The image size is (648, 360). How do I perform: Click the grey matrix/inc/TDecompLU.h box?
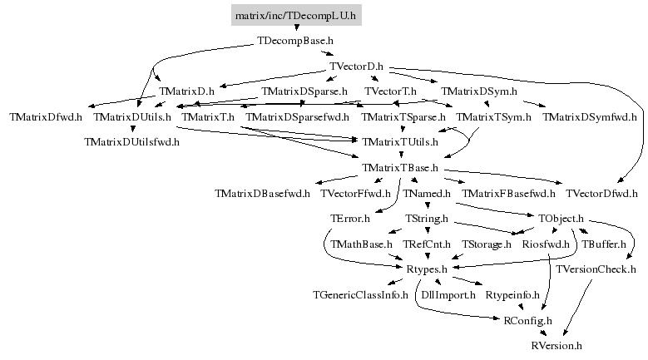point(296,15)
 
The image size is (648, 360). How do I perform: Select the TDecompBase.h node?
point(296,40)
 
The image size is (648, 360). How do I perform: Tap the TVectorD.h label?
point(356,66)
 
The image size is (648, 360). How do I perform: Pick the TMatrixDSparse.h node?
point(304,91)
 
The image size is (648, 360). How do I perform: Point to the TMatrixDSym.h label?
point(479,91)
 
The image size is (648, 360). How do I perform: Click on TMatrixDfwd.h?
point(46,116)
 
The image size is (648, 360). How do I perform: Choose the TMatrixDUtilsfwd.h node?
point(132,141)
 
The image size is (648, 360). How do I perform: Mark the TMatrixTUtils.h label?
point(401,142)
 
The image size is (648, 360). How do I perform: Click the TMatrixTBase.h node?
point(401,168)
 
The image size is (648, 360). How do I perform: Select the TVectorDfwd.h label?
point(601,194)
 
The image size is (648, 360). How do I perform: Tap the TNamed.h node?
point(427,194)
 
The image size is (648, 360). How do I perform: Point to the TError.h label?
point(350,219)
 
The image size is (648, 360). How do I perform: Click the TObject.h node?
point(561,219)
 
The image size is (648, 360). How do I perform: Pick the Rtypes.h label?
point(427,269)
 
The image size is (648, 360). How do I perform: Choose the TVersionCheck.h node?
point(596,269)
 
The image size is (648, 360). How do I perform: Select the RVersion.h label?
point(556,345)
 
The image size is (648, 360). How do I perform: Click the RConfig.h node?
point(528,320)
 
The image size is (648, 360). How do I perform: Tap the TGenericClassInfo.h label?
point(360,294)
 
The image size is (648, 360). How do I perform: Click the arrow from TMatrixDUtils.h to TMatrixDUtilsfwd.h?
point(132,129)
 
